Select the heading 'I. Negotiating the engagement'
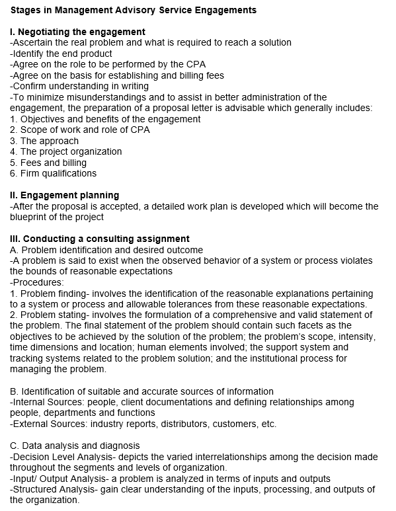[78, 32]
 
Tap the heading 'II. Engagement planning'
[65, 195]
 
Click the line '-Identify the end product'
[61, 54]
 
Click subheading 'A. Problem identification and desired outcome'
[106, 250]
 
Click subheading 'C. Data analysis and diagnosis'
[75, 446]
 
